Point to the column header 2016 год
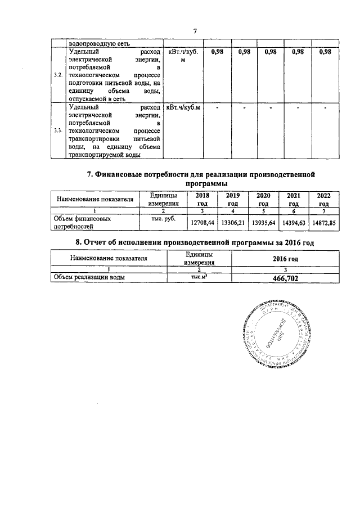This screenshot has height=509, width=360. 285,259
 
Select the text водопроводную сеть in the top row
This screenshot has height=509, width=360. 93,42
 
